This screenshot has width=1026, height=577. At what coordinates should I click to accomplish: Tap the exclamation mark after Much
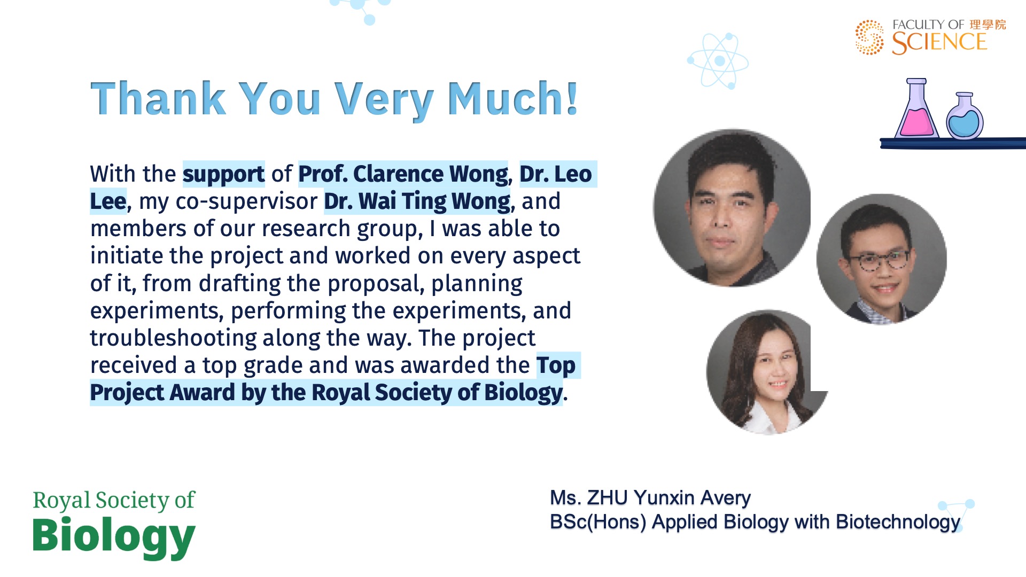coord(572,98)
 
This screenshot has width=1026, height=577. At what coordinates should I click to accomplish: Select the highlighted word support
coord(224,175)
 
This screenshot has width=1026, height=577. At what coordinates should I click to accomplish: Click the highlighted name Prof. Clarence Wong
coord(403,174)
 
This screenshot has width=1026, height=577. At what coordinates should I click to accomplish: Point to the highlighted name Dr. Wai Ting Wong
coord(417,201)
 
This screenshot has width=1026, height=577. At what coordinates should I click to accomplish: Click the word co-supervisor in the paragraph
coord(246,202)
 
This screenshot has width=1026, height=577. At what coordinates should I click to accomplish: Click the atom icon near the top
coord(718,60)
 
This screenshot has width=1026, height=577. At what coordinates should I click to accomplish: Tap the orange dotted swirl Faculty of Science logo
coord(869,37)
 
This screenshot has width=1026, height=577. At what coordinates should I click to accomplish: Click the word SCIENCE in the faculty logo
coord(939,43)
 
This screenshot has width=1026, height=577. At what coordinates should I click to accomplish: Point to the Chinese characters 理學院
coord(988,25)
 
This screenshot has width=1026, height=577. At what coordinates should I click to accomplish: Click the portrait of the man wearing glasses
coord(881,259)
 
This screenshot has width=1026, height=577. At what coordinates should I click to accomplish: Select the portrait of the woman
coord(767,372)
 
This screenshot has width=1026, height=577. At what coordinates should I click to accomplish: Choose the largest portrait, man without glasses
coord(732,208)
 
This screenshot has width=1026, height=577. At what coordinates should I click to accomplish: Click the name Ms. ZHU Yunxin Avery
coord(650,498)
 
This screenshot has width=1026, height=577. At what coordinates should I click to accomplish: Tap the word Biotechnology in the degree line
coord(898,522)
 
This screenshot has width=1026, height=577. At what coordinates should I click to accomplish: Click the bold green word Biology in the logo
coord(114,536)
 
